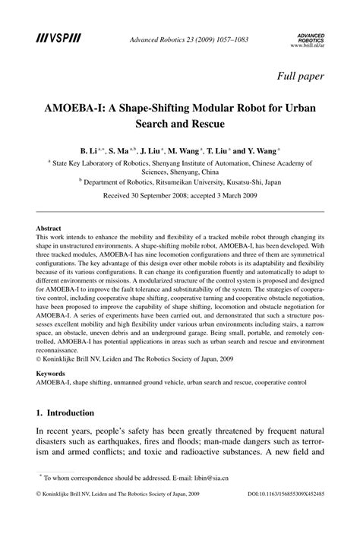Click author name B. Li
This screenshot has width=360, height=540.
coord(92,152)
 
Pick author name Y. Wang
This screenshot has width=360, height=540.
coord(262,152)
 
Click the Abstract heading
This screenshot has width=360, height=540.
coord(49,227)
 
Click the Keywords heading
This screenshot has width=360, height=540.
coord(52,374)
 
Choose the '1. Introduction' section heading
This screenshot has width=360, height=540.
coord(66,413)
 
